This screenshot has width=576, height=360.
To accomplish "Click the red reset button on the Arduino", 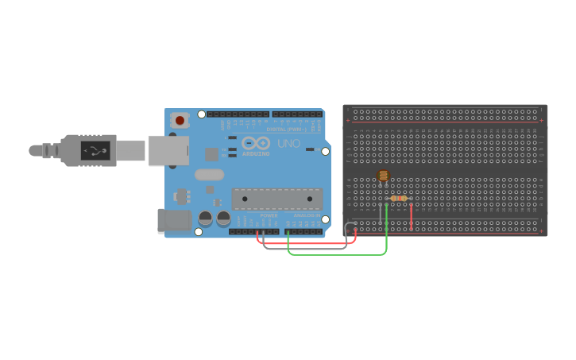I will (180, 121).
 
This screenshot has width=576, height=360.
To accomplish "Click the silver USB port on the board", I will (168, 150).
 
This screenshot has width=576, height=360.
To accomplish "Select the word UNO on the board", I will (289, 144).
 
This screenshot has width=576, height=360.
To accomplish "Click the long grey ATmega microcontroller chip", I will (277, 199).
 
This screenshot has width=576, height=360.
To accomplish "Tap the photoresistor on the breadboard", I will (383, 176).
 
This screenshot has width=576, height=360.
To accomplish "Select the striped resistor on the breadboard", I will (399, 198).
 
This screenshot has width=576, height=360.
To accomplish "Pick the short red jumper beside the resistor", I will (412, 217).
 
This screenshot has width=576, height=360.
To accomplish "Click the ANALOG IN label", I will (307, 215).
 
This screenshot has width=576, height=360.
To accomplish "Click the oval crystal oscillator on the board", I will (209, 175).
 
